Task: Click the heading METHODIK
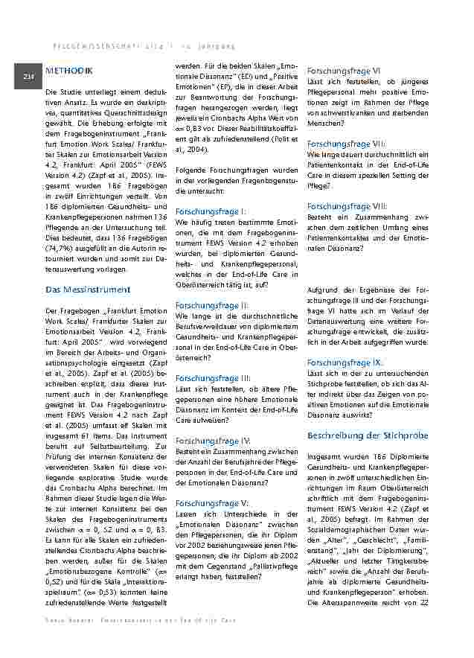[69, 71]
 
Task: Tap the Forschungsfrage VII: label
[346, 143]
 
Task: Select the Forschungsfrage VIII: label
[347, 206]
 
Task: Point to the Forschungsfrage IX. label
[345, 362]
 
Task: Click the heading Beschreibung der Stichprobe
[368, 434]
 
